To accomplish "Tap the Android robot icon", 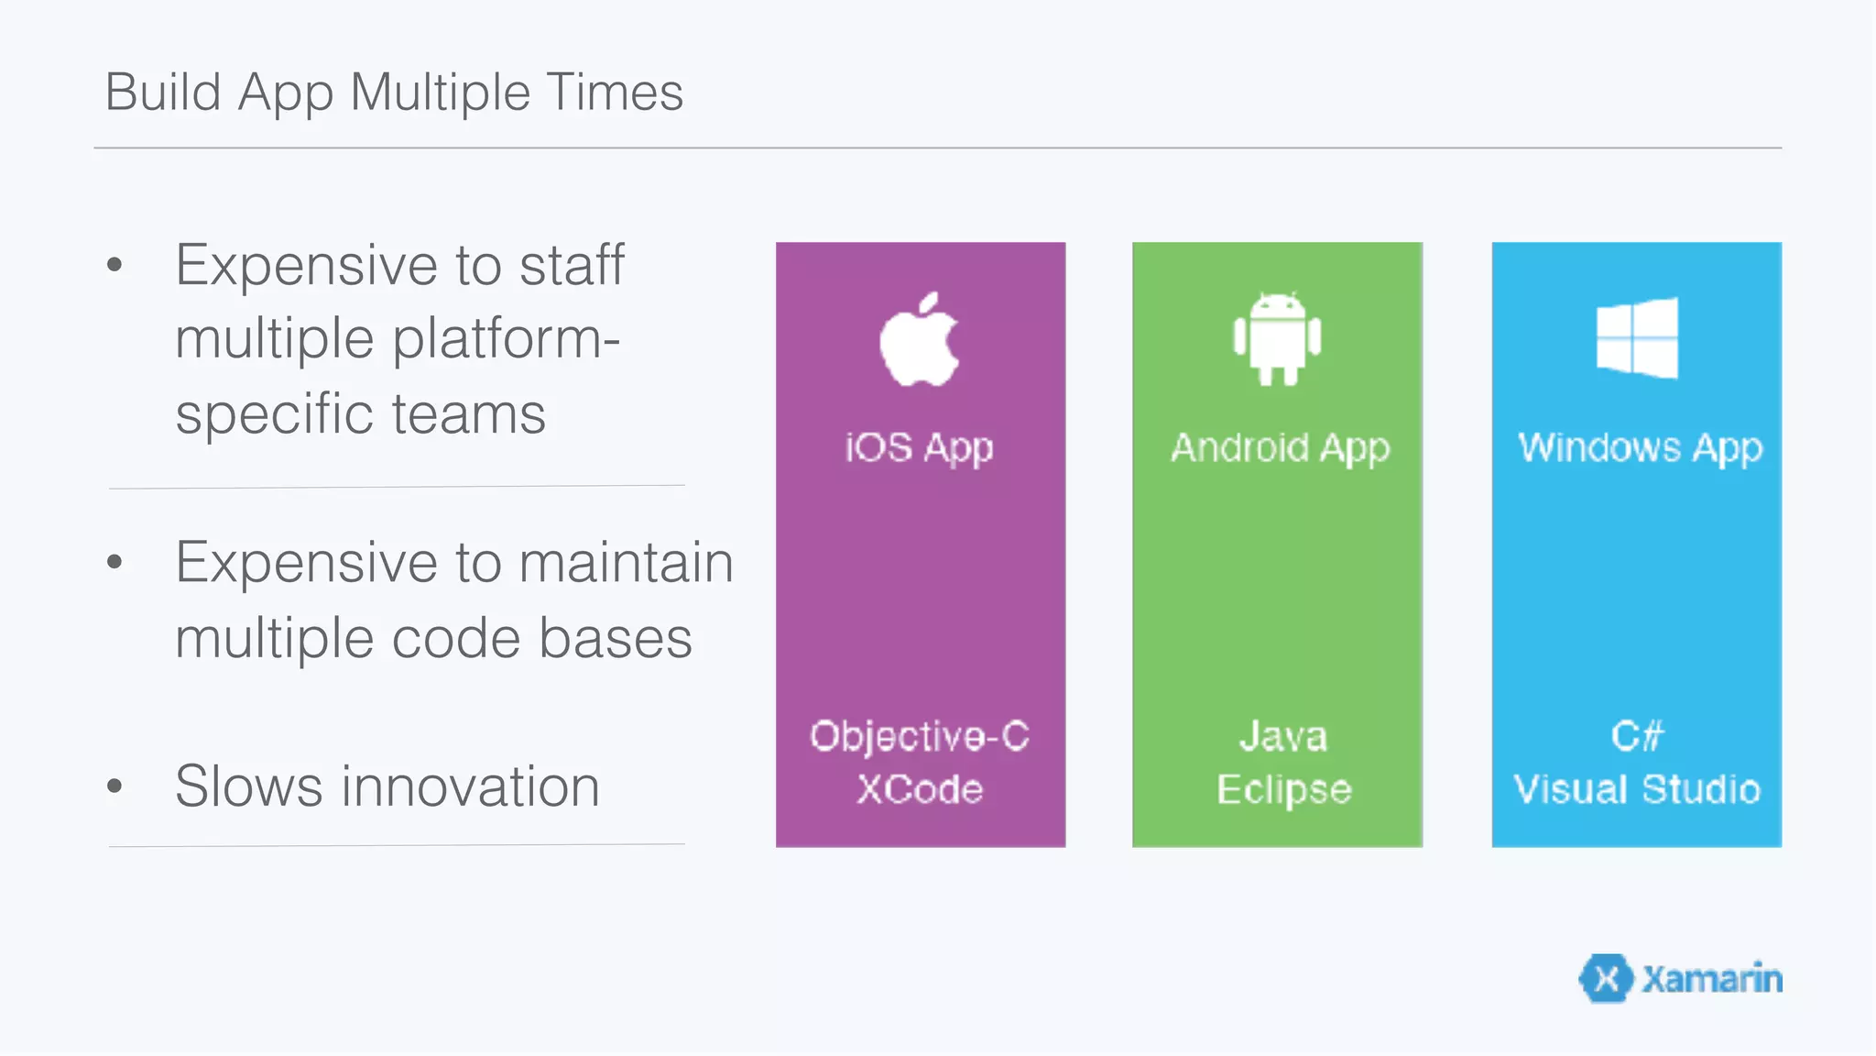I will pyautogui.click(x=1277, y=338).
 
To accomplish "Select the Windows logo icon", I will pyautogui.click(x=1637, y=337).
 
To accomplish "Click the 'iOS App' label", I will pyautogui.click(x=919, y=448).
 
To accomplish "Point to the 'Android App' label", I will pyautogui.click(x=1280, y=448).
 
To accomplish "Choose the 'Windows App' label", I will pyautogui.click(x=1640, y=448).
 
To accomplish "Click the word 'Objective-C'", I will pyautogui.click(x=920, y=736).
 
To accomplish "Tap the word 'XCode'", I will pyautogui.click(x=920, y=789).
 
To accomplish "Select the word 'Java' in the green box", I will pyautogui.click(x=1282, y=736).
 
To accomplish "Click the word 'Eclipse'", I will pyautogui.click(x=1283, y=789).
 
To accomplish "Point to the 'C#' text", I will pyautogui.click(x=1637, y=736).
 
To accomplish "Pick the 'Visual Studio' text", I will pyautogui.click(x=1637, y=789).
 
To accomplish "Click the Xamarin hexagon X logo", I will pyautogui.click(x=1606, y=979).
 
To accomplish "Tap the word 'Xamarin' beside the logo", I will pyautogui.click(x=1712, y=979).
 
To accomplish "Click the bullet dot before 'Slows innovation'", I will pyautogui.click(x=115, y=786).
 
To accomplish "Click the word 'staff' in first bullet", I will pyautogui.click(x=572, y=265).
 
